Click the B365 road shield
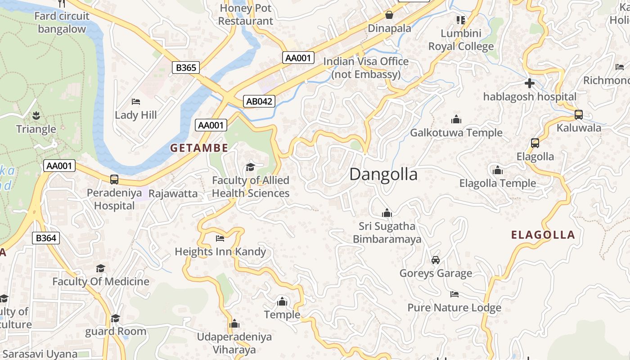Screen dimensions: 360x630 coord(185,68)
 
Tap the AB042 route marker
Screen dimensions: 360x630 coord(259,101)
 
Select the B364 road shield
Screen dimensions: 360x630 coord(46,238)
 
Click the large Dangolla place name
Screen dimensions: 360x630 coord(383,174)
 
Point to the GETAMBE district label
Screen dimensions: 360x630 coord(199,148)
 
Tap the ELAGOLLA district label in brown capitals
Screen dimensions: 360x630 coord(543,234)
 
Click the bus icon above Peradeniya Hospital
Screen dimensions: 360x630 coord(114,180)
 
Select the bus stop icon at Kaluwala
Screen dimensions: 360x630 coord(579,115)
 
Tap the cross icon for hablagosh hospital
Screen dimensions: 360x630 coord(530,83)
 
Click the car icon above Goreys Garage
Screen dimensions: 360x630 coord(436,260)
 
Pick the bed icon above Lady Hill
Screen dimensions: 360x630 coord(136,102)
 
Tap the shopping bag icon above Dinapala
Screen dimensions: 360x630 coord(389,15)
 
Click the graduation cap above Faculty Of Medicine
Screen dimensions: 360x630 coord(101,268)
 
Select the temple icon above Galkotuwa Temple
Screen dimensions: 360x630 coord(456,119)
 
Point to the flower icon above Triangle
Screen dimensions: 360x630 coord(36,116)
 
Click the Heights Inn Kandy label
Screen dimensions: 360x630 coord(220,252)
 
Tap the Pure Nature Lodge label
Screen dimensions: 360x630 coord(454,308)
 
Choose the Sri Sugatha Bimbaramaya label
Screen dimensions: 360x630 coord(387,232)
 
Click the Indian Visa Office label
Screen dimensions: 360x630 coord(366,67)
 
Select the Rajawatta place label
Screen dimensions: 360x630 coord(173,193)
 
